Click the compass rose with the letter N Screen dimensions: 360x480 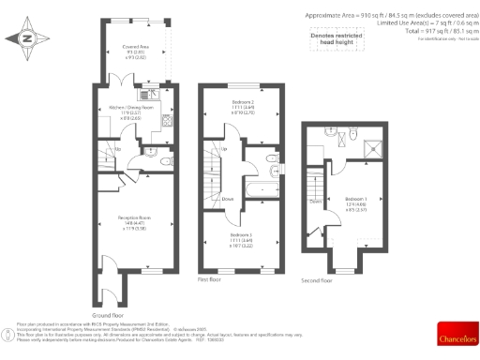point(25,38)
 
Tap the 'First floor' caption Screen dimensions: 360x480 point(209,279)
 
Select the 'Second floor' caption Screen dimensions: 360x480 point(316,279)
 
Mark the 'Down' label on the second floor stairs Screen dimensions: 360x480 point(316,201)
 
